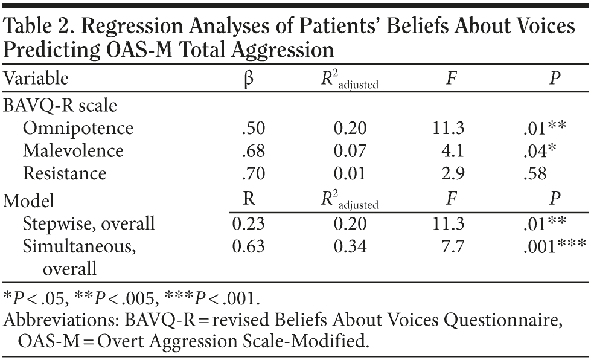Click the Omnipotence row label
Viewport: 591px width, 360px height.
coord(78,128)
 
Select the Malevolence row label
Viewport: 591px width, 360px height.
coord(73,150)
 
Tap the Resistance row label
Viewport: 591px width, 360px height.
coord(65,173)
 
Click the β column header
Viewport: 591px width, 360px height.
coord(246,79)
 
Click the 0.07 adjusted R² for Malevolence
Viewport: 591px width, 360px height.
coord(351,150)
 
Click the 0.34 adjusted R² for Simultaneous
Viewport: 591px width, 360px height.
coord(351,246)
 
